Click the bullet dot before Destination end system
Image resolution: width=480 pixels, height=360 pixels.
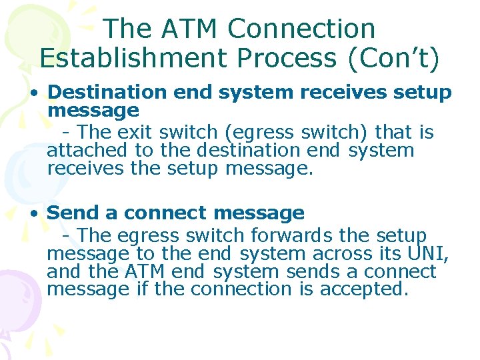(32, 93)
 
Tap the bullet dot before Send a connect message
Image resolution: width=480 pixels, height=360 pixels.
(32, 214)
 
